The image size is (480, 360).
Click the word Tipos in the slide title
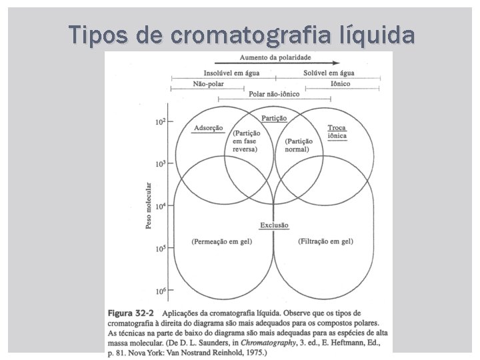click(96, 34)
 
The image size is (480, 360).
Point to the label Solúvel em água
click(329, 73)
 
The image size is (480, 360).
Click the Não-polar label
click(209, 85)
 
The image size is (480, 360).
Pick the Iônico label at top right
click(340, 85)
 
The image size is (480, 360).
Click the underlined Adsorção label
click(208, 128)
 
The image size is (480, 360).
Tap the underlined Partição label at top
click(274, 118)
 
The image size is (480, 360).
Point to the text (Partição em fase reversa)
click(246, 141)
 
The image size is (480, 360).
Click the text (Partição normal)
click(298, 145)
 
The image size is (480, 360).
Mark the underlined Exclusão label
click(274, 225)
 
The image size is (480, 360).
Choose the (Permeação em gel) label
click(221, 241)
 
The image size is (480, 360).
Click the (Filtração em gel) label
click(327, 241)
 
